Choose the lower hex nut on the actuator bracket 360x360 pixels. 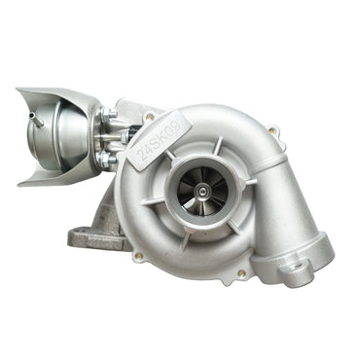107,157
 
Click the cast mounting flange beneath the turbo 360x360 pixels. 91,234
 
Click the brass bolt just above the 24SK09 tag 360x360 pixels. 150,118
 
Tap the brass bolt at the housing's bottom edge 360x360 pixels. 239,274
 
